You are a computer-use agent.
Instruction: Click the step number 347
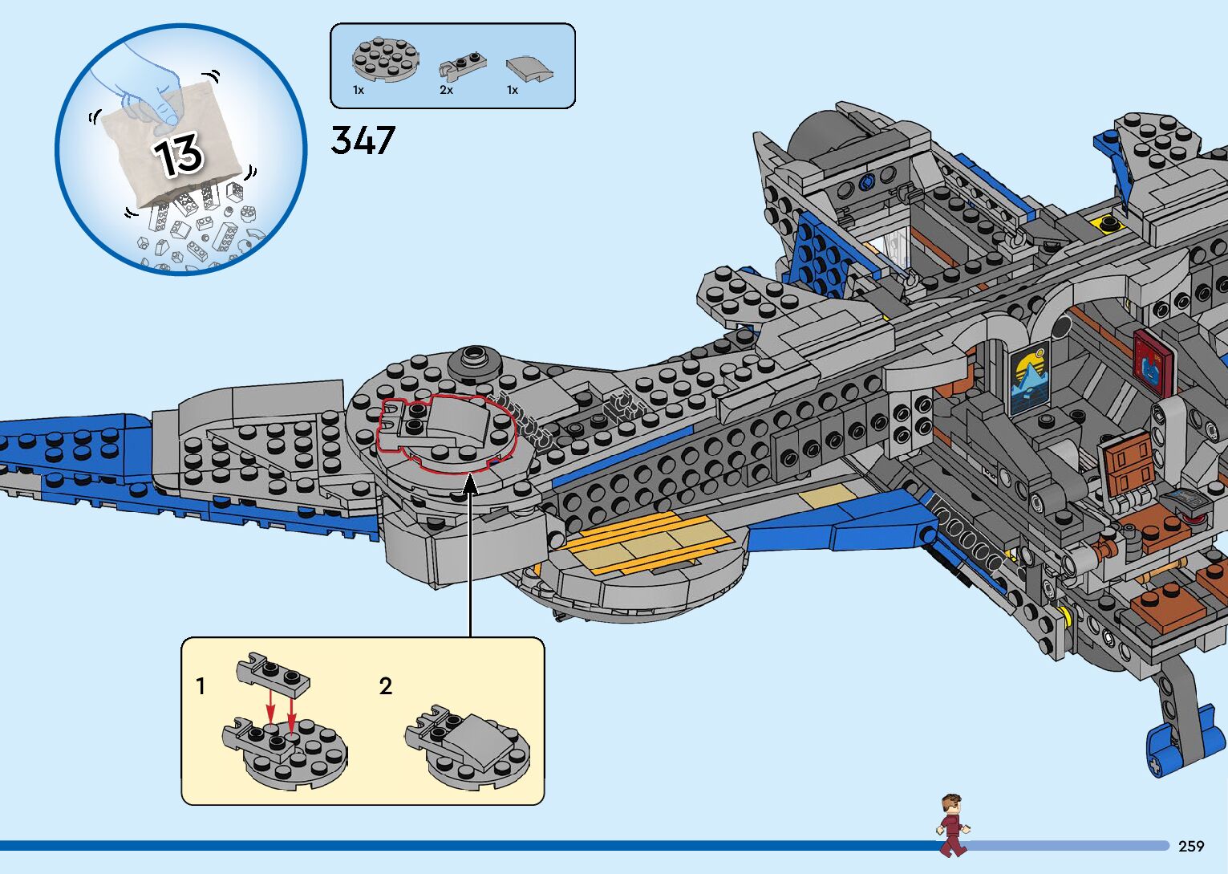point(363,140)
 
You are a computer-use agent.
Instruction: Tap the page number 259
point(1191,846)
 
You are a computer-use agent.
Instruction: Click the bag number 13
point(178,154)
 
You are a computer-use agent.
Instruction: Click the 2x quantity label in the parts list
point(446,90)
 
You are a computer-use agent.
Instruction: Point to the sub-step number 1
point(201,686)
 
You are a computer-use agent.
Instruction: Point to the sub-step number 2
point(386,686)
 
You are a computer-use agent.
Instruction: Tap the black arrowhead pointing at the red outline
point(470,484)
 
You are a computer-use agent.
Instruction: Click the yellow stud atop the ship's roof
point(1108,222)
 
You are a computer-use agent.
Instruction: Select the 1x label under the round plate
point(359,90)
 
